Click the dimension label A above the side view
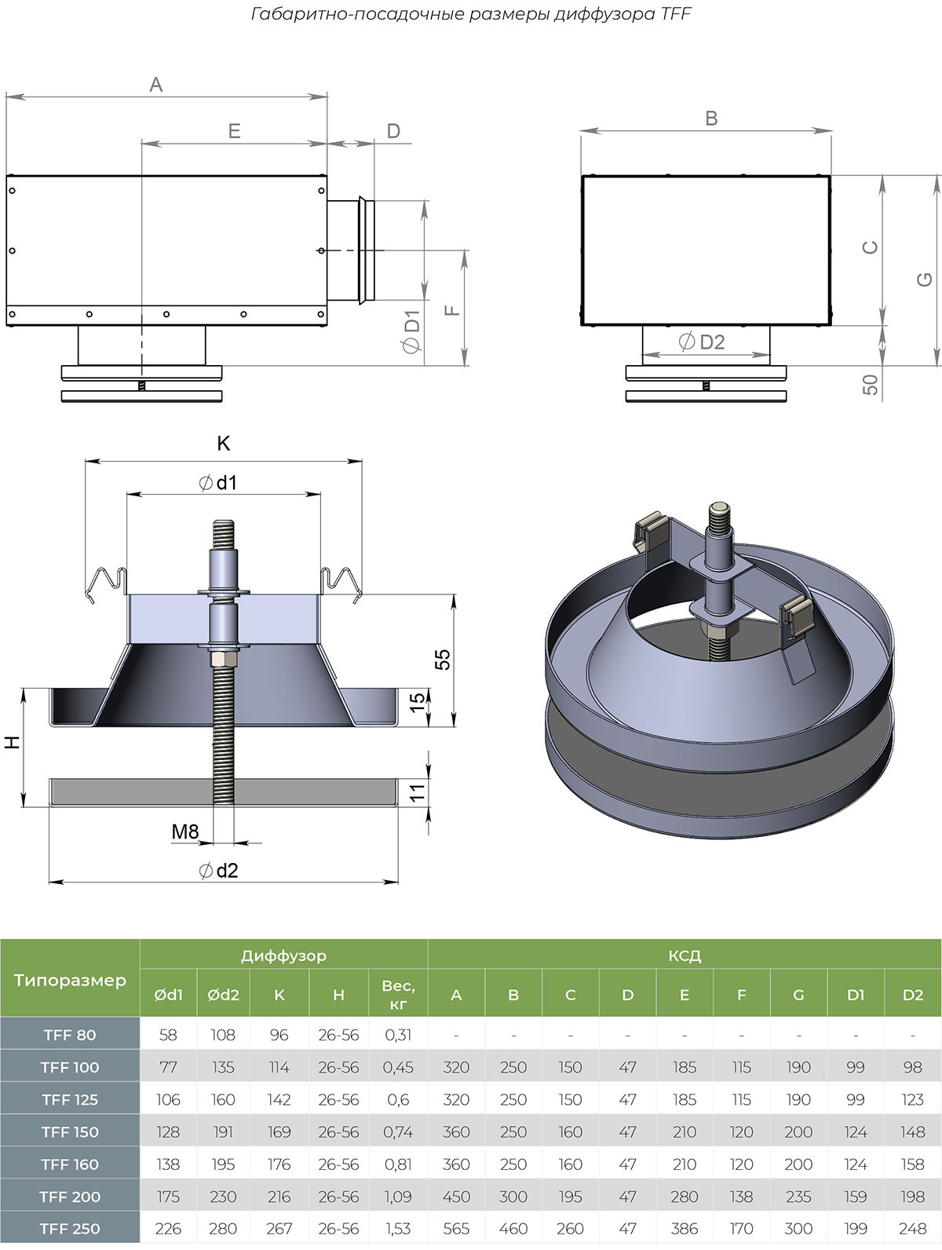pyautogui.click(x=155, y=84)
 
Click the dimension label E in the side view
pyautogui.click(x=234, y=131)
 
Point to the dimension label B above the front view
pyautogui.click(x=711, y=119)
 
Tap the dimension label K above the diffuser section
pyautogui.click(x=223, y=444)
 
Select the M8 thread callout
pyautogui.click(x=185, y=831)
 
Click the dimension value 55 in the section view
pyautogui.click(x=443, y=660)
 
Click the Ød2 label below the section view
pyautogui.click(x=218, y=870)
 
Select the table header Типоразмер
pyautogui.click(x=70, y=979)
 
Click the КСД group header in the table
pyautogui.click(x=684, y=956)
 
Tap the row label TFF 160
pyautogui.click(x=70, y=1164)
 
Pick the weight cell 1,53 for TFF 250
pyautogui.click(x=398, y=1229)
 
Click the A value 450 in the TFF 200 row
pyautogui.click(x=456, y=1197)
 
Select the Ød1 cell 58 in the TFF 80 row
pyautogui.click(x=168, y=1035)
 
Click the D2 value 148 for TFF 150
pyautogui.click(x=912, y=1132)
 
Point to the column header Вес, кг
pyautogui.click(x=398, y=994)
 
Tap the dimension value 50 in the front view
pyautogui.click(x=870, y=385)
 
